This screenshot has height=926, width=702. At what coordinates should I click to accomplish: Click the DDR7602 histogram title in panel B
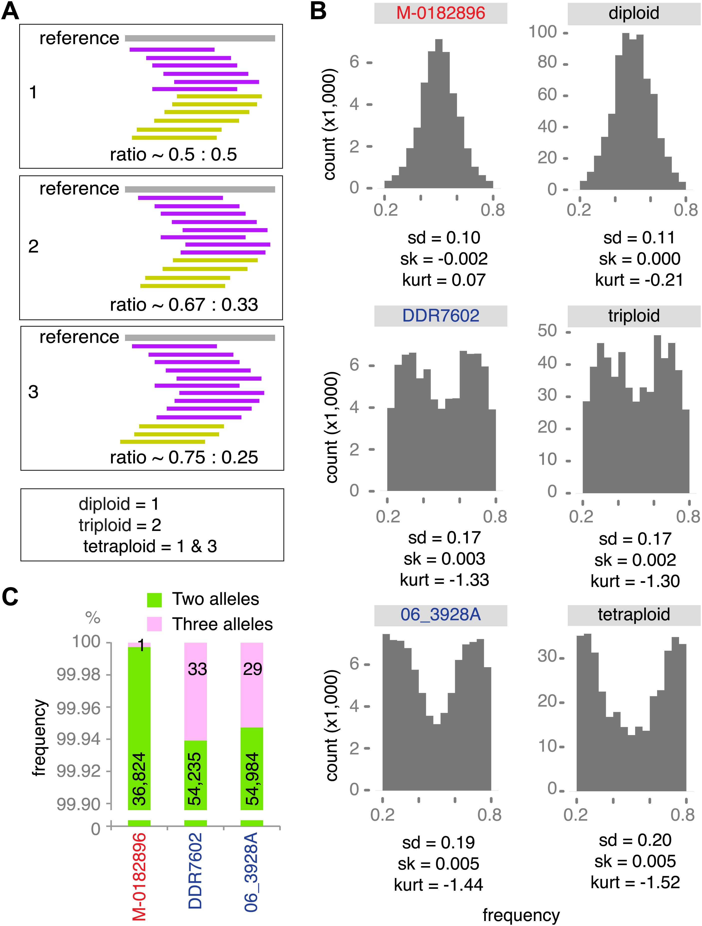click(440, 316)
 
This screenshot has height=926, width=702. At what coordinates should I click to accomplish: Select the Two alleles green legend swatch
click(154, 600)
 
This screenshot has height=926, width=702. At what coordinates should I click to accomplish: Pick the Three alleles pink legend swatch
click(154, 624)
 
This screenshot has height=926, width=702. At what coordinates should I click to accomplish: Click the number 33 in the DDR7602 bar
click(197, 669)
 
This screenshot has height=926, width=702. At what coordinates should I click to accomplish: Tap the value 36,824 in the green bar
click(139, 779)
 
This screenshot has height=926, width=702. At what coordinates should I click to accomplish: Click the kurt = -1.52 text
click(635, 883)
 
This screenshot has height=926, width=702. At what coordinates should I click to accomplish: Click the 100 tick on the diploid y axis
click(543, 32)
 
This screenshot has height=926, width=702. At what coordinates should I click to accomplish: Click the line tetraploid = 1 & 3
click(150, 546)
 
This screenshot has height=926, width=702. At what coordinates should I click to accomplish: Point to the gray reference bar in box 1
click(200, 38)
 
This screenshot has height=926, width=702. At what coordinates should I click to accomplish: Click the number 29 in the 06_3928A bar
click(252, 669)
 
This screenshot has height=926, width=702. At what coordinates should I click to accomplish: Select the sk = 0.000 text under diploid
click(639, 259)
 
